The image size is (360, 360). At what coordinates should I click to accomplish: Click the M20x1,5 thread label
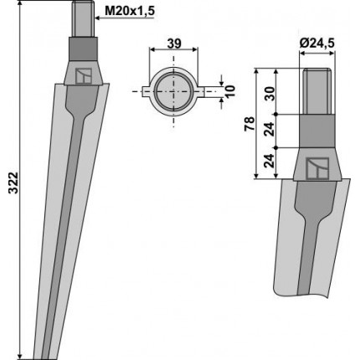pos(130,12)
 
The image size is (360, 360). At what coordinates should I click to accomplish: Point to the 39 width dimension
pos(174,44)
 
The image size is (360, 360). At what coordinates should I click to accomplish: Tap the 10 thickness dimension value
pos(229,91)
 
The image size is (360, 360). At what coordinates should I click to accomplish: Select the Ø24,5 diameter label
pos(316,44)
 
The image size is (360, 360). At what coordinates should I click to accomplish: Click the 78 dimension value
pos(249,124)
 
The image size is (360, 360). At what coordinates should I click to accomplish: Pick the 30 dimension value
pos(270,94)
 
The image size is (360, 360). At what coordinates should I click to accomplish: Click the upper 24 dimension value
pos(270,129)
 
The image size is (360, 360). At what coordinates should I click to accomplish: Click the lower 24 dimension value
pos(270,161)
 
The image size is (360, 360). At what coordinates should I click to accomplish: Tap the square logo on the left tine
pos(84,75)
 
